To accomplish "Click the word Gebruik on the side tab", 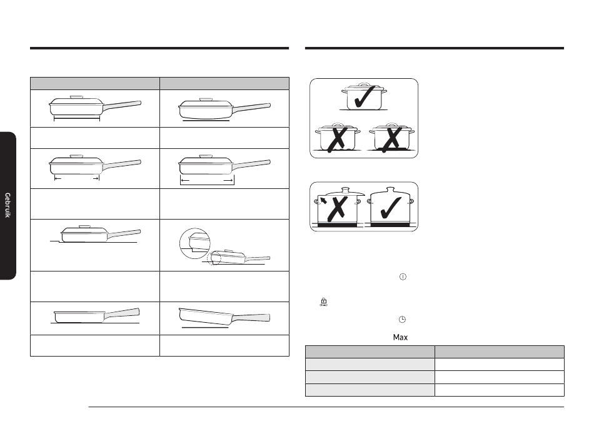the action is click(x=8, y=205).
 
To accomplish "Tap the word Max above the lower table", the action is click(x=400, y=337).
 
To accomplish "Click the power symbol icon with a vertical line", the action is click(x=403, y=277).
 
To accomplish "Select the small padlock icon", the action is click(x=323, y=302).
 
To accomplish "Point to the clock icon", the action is click(x=402, y=320).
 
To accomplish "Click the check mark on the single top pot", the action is click(x=365, y=96).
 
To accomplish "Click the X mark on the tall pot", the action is click(x=337, y=208).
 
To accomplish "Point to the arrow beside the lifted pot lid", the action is click(x=323, y=200).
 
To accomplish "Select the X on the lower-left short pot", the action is click(x=336, y=139).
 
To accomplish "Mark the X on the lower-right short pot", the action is click(x=391, y=139).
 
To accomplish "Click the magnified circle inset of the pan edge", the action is click(x=194, y=243).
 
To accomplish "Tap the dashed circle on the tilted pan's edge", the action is click(x=214, y=258).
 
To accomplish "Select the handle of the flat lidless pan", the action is click(x=122, y=313).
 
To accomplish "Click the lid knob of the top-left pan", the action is click(x=76, y=97).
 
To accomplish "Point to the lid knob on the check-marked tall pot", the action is click(x=390, y=190).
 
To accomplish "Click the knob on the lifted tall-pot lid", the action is click(x=345, y=190).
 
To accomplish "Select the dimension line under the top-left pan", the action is click(x=77, y=119).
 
